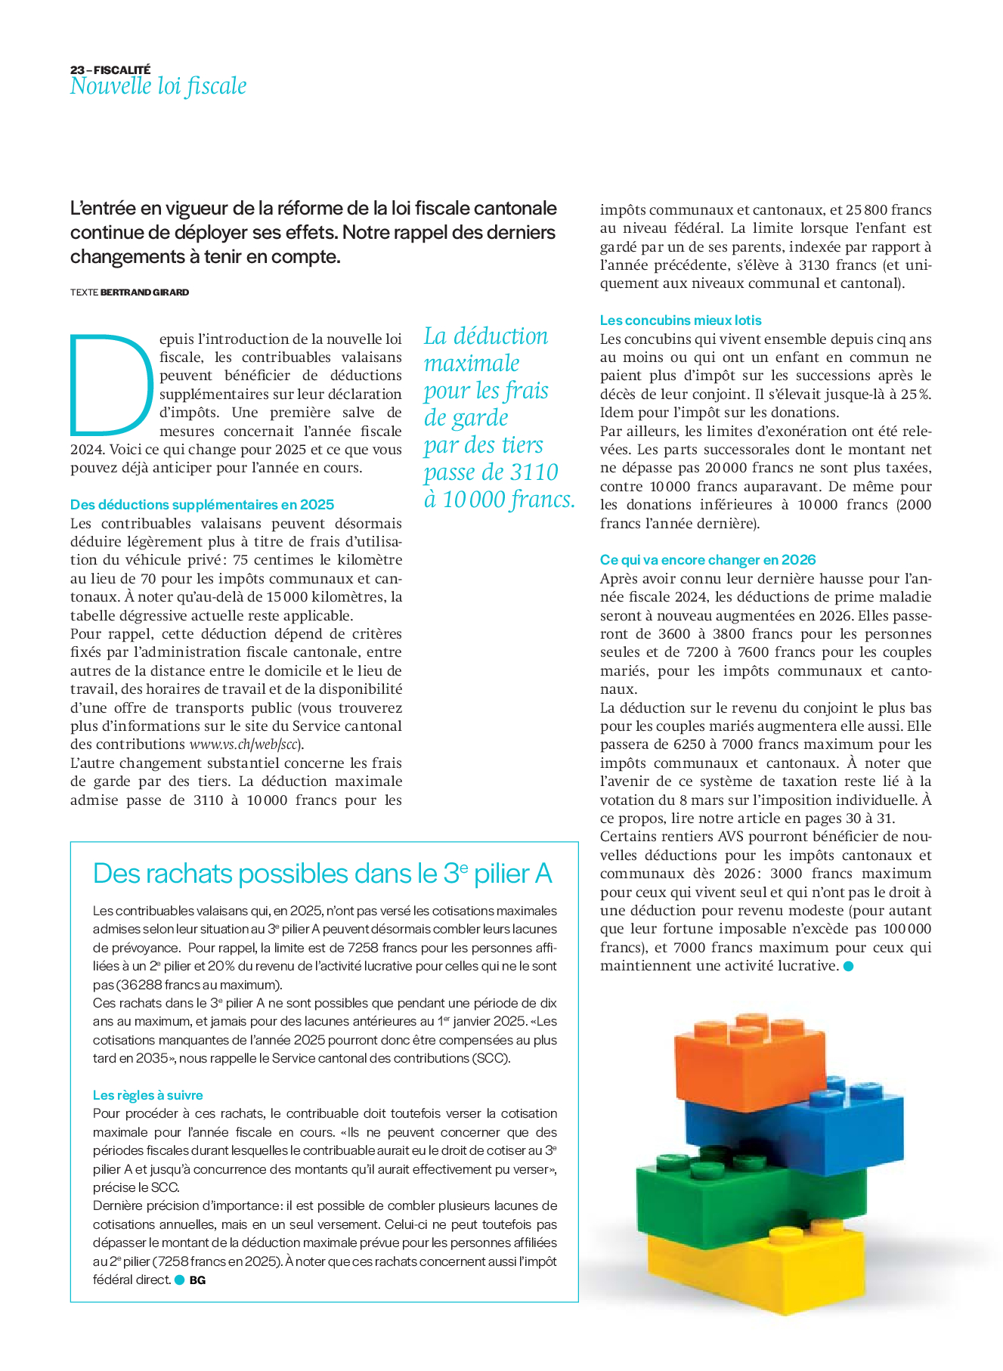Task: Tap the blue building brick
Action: (x=801, y=1126)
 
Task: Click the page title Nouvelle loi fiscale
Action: (x=158, y=86)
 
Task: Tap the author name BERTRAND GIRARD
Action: (x=144, y=292)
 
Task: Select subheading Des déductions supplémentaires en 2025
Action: (x=202, y=505)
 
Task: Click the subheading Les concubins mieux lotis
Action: (x=680, y=320)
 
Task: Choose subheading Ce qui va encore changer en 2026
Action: (x=707, y=560)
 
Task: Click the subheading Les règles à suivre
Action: (x=147, y=1095)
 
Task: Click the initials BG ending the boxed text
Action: (x=197, y=1280)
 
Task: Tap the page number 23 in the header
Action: (x=77, y=70)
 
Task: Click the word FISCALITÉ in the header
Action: (x=122, y=70)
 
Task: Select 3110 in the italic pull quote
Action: (x=534, y=472)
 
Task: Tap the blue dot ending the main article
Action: (x=848, y=966)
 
